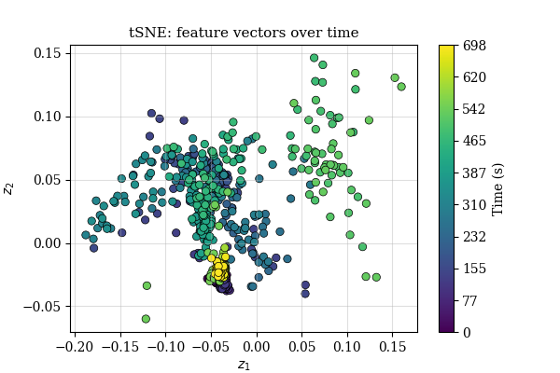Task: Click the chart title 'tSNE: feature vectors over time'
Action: tap(244, 33)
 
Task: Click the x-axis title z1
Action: tap(244, 365)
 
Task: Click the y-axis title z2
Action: tap(9, 187)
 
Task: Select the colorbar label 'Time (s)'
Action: tap(497, 188)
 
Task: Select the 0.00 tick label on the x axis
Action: tap(258, 346)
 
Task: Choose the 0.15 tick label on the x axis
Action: tap(392, 346)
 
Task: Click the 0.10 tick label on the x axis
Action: tap(347, 346)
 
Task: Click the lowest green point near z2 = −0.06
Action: tap(146, 319)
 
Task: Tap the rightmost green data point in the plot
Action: tap(401, 87)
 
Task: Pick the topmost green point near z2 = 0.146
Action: tap(315, 58)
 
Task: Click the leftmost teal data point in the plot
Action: tap(86, 235)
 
